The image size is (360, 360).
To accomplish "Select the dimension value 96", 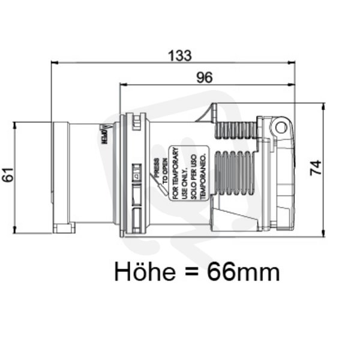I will click(205, 77).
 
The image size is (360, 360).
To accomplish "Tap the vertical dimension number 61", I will click(8, 175).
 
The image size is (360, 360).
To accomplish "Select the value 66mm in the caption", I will click(243, 272).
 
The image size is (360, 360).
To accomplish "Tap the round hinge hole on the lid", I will click(278, 127).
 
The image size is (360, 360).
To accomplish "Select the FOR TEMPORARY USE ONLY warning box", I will click(188, 173).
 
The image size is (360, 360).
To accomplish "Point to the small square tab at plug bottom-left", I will click(64, 228).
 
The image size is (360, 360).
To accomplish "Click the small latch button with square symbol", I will click(136, 176).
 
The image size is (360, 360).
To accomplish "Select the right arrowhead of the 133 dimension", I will click(294, 62).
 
